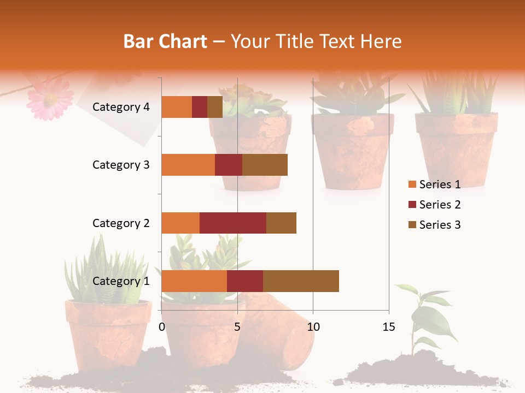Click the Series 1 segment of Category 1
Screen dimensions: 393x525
[x=194, y=281]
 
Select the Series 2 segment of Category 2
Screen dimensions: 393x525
[x=233, y=223]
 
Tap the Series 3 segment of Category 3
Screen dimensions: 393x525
[x=265, y=165]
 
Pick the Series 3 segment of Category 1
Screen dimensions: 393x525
[x=301, y=281]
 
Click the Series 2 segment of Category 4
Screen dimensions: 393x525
[x=200, y=107]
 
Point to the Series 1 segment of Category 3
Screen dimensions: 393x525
[x=188, y=165]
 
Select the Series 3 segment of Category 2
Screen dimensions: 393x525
[x=281, y=223]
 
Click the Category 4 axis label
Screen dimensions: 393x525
[x=121, y=107]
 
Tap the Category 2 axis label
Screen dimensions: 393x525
[x=121, y=223]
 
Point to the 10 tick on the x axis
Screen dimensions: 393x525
[x=313, y=327]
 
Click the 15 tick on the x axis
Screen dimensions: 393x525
[x=388, y=327]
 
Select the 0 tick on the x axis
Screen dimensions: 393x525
[x=162, y=327]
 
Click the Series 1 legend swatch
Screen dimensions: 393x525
[x=412, y=184]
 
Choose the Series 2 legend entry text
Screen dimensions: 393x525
[x=440, y=205]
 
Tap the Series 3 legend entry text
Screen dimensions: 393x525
[x=440, y=225]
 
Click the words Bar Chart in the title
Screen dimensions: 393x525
[x=165, y=41]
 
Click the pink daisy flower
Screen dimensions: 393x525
[x=50, y=99]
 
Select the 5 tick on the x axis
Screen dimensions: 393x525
[x=237, y=327]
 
